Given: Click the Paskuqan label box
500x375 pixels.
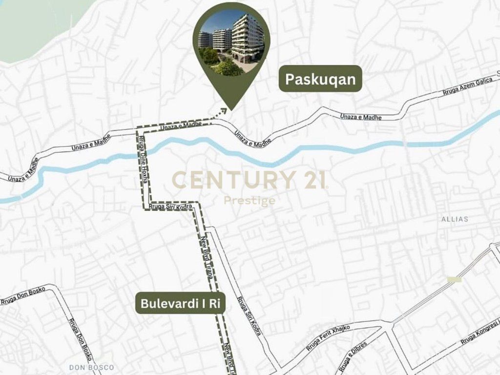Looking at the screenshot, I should [x=320, y=79].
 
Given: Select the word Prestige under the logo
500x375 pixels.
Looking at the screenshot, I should [x=250, y=201].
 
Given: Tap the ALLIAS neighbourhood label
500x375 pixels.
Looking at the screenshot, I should [x=454, y=219].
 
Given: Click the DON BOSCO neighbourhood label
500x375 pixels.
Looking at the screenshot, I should [x=91, y=367].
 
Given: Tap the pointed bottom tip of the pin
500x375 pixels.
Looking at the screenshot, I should [x=230, y=108].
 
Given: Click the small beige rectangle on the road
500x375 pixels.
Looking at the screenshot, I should [x=454, y=279].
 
